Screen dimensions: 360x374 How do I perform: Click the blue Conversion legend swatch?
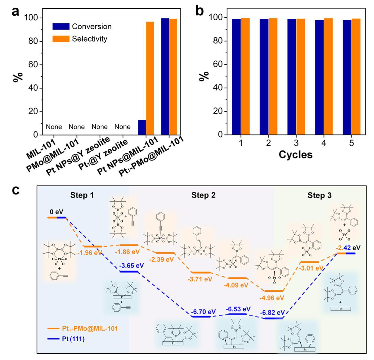[x=61, y=26]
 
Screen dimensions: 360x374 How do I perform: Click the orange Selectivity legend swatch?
[x=61, y=39]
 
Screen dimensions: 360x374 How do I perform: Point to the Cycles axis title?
[x=296, y=155]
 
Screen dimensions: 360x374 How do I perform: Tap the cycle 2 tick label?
[x=268, y=143]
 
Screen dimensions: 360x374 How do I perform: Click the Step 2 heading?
[x=203, y=195]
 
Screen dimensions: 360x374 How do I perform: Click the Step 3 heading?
[x=319, y=195]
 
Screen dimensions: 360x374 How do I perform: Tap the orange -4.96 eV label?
[x=272, y=298]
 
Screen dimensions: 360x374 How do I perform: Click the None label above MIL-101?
[x=54, y=127]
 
